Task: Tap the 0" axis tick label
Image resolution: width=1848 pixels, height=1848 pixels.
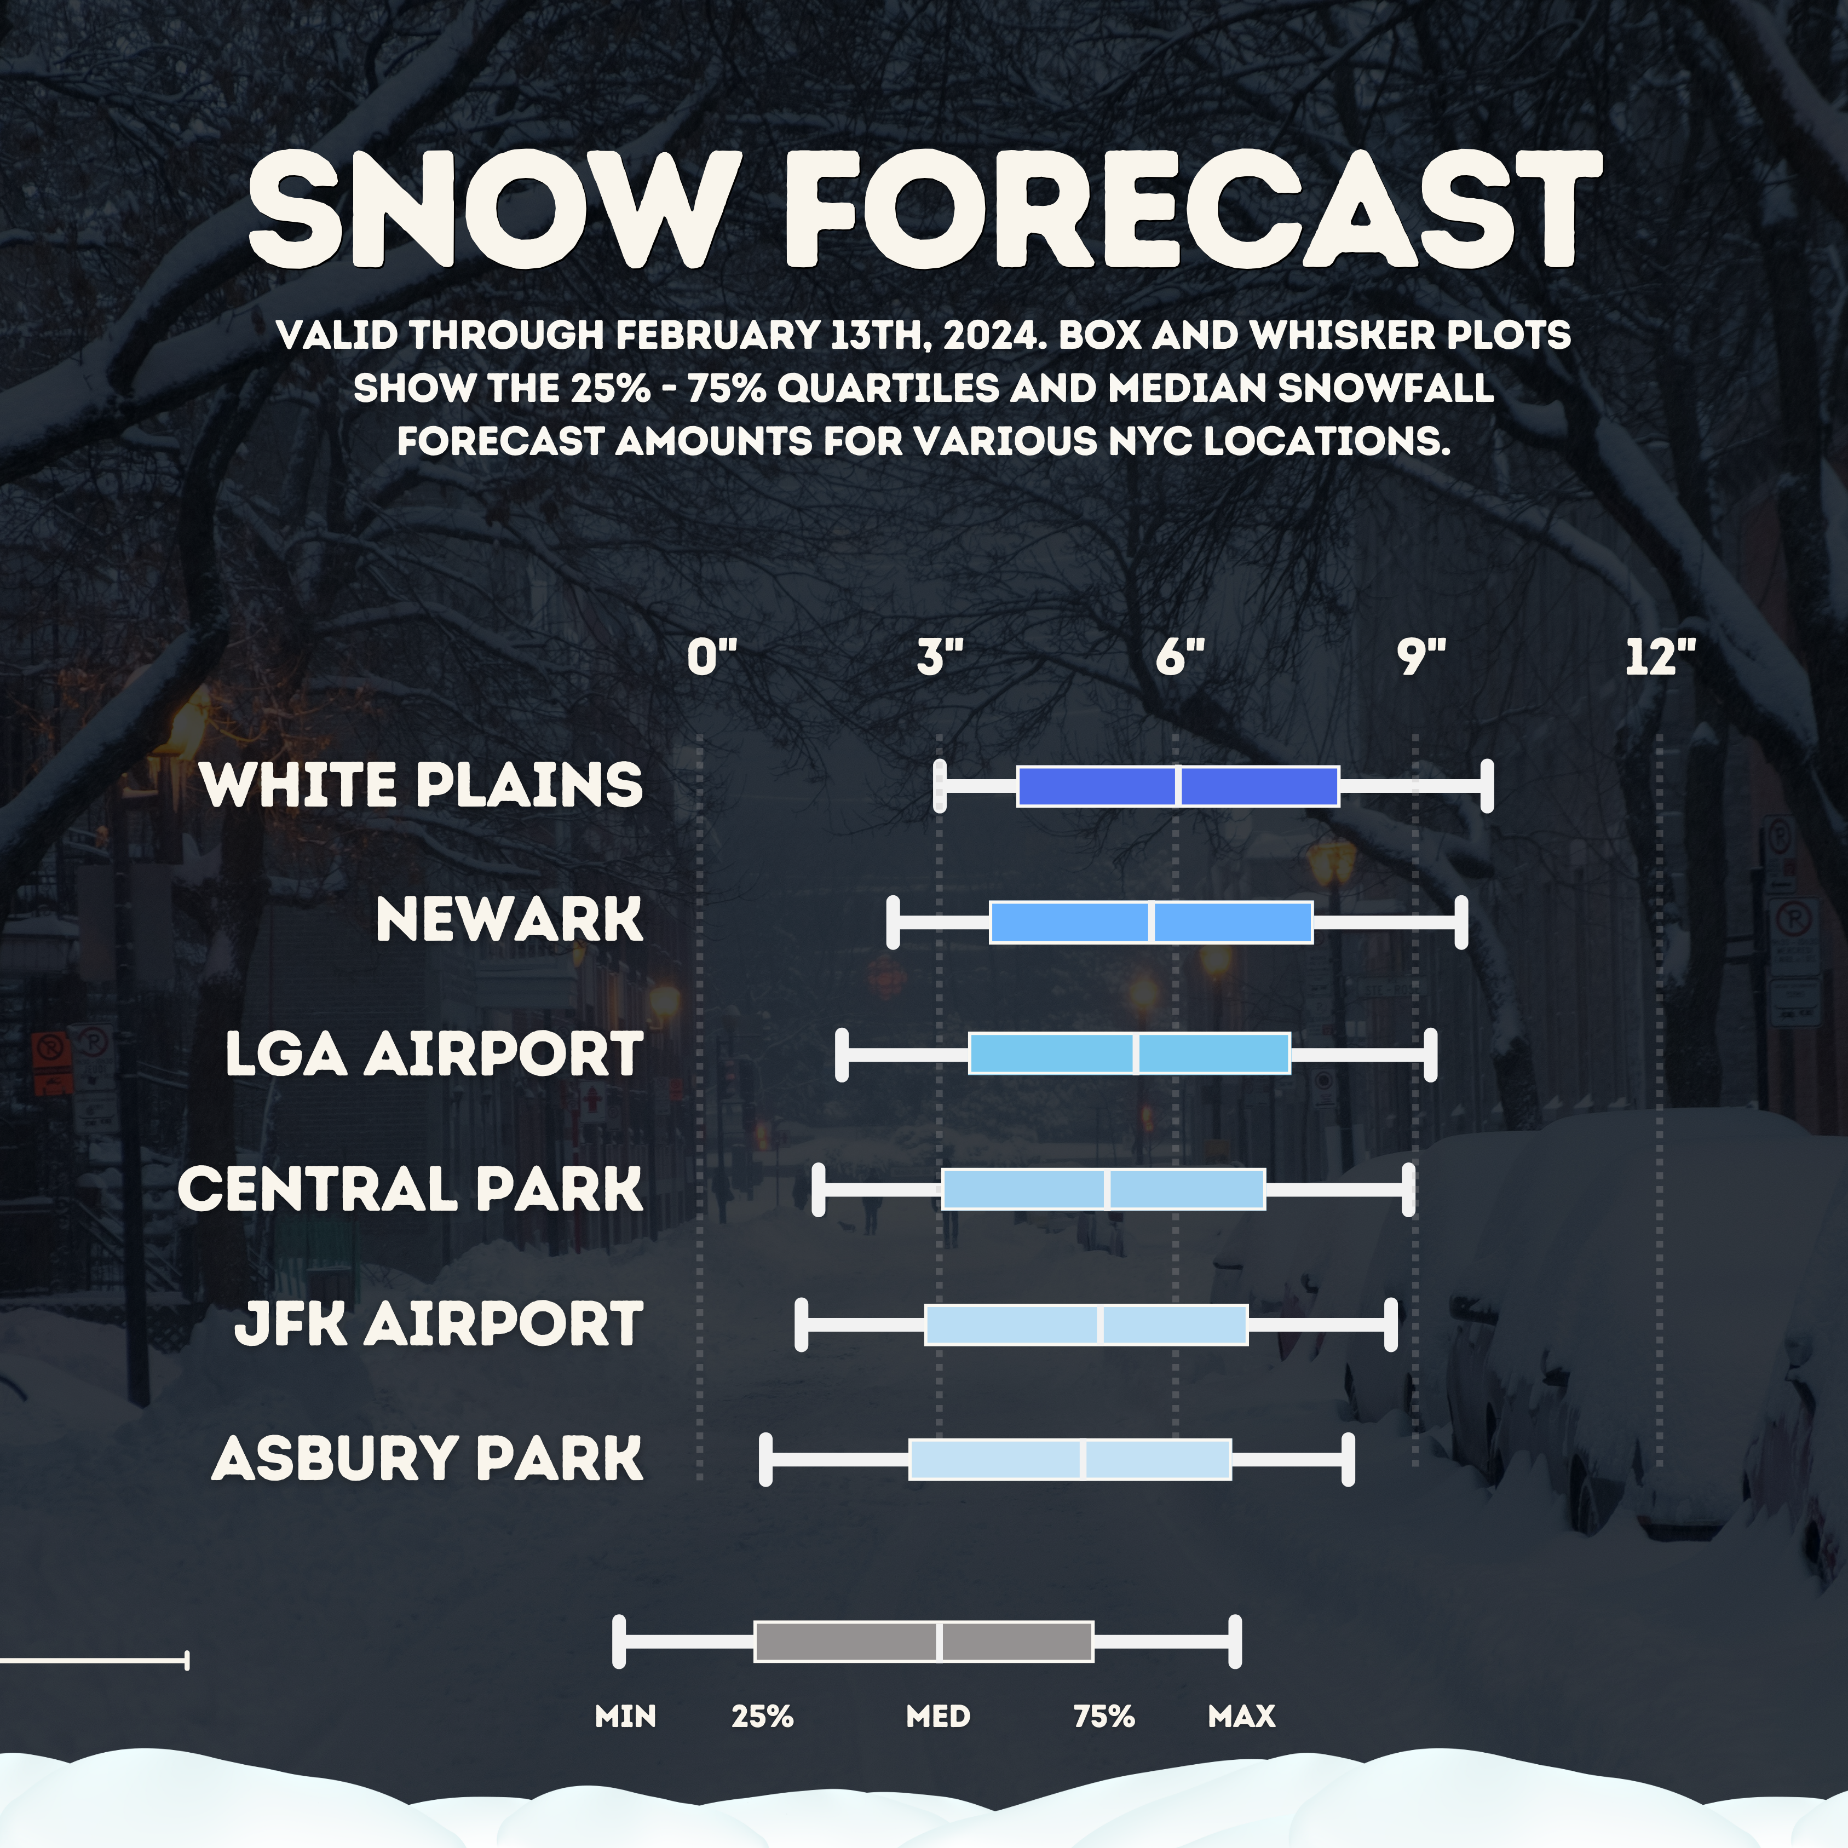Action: tap(712, 658)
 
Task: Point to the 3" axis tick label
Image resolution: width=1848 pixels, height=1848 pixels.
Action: tap(940, 658)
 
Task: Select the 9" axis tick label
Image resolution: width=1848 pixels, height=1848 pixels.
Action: tap(1421, 658)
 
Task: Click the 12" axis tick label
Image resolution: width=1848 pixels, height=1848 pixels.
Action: tap(1661, 658)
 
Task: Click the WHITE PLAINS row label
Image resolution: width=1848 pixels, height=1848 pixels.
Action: tap(422, 785)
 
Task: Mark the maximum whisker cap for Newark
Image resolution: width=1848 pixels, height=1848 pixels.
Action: tap(1461, 922)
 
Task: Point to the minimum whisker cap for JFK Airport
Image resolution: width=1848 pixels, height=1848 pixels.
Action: tap(802, 1325)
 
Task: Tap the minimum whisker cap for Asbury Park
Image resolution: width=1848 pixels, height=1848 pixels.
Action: tap(765, 1460)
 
